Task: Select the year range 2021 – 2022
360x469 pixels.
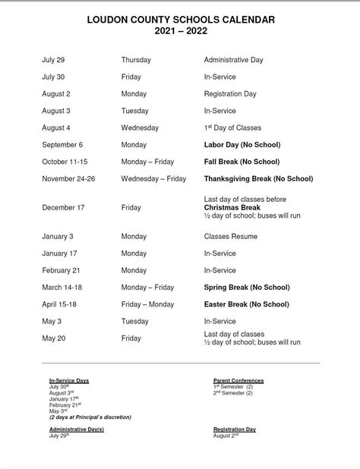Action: coord(179,31)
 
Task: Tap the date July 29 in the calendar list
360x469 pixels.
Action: coord(53,59)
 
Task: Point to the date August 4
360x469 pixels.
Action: coord(56,127)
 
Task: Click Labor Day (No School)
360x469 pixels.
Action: coord(242,144)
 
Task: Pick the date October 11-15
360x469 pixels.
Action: coord(66,162)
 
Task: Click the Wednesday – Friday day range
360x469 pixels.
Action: coord(153,179)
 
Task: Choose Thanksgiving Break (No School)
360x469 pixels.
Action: coord(258,179)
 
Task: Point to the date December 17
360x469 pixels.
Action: coord(65,207)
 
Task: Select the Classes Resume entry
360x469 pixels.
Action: coord(231,237)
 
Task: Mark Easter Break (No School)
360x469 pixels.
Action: coord(247,304)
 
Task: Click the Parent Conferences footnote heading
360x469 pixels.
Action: coord(238,379)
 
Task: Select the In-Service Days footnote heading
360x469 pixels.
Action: coord(69,379)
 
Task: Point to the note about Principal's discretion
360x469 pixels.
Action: coord(90,417)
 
